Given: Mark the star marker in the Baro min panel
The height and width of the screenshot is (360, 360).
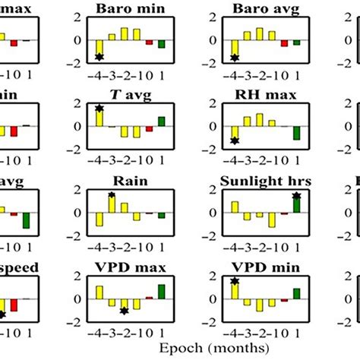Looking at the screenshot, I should coord(99,57).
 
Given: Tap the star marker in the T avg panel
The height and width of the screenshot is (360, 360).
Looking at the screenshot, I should coord(99,109).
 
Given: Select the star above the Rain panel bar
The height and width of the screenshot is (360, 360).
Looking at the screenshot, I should coord(112,195).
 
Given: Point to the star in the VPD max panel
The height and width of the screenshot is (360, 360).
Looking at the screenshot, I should coord(124,311).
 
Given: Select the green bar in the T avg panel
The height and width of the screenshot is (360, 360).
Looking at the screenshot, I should coord(161,122).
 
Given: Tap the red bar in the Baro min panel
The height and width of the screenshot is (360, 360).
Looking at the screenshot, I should coord(149,42).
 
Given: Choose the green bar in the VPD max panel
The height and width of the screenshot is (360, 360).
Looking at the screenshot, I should coord(161,291).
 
